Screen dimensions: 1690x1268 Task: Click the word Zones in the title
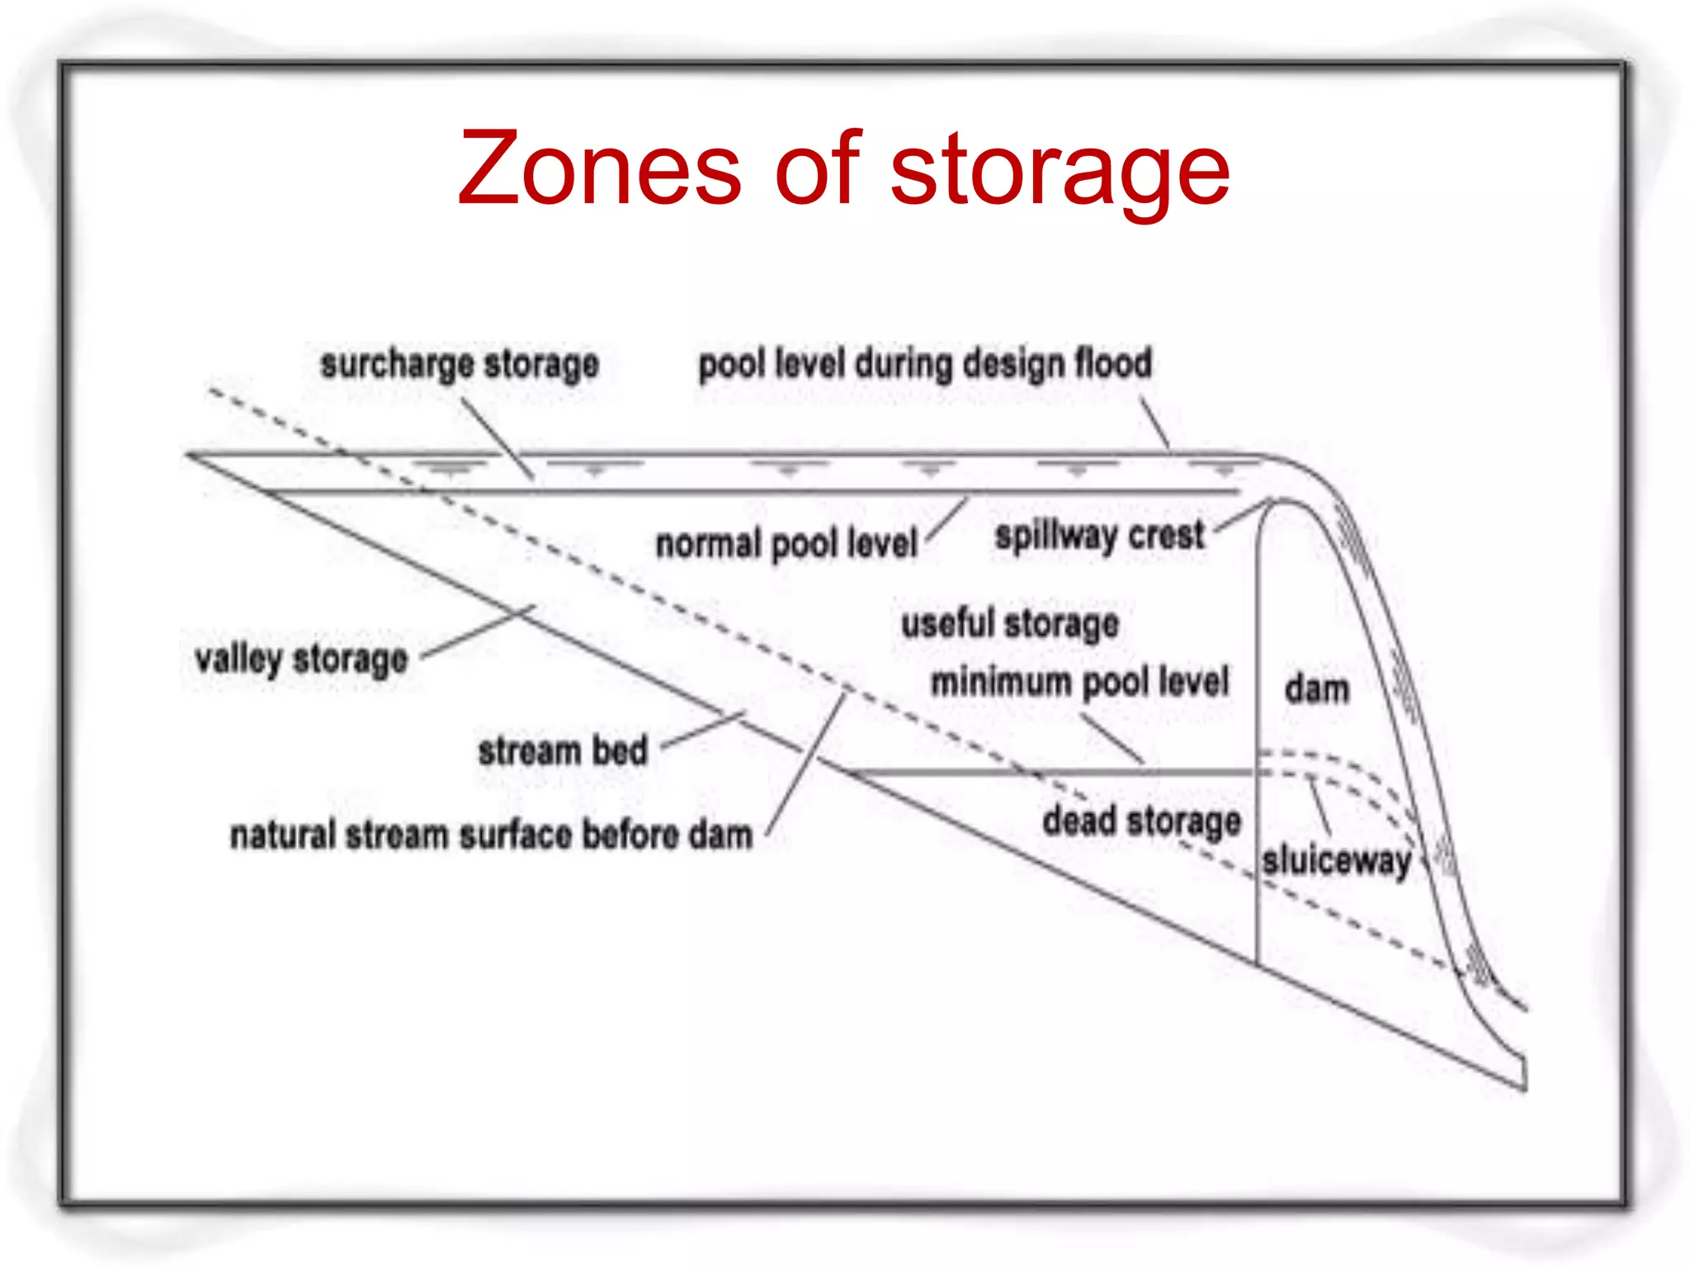pyautogui.click(x=600, y=168)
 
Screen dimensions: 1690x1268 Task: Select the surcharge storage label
pyautogui.click(x=460, y=365)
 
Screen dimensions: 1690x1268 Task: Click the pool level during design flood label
pyautogui.click(x=925, y=364)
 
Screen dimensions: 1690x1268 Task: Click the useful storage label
pyautogui.click(x=1010, y=624)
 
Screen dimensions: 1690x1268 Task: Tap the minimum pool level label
pyautogui.click(x=1080, y=683)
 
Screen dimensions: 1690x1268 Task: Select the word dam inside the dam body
pyautogui.click(x=1317, y=688)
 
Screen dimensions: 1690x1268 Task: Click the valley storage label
pyautogui.click(x=302, y=660)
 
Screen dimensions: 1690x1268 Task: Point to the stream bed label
pyautogui.click(x=563, y=751)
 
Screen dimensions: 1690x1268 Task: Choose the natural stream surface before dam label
pyautogui.click(x=492, y=835)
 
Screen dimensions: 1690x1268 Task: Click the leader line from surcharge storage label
pyautogui.click(x=497, y=439)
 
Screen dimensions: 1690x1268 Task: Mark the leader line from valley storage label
pyautogui.click(x=479, y=632)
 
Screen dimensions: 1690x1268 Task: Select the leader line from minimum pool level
pyautogui.click(x=1113, y=739)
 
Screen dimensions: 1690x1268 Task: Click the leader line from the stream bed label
pyautogui.click(x=704, y=730)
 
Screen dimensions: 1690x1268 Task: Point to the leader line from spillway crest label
pyautogui.click(x=1241, y=515)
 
